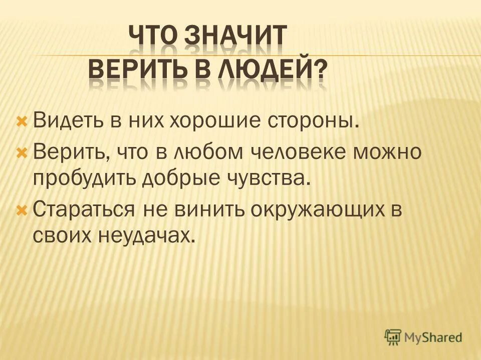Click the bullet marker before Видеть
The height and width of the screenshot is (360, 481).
pyautogui.click(x=22, y=121)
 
